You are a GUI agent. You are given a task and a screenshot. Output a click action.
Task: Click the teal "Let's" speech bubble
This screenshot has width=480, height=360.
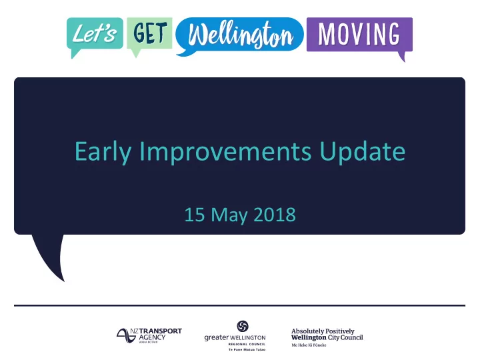pyautogui.click(x=95, y=34)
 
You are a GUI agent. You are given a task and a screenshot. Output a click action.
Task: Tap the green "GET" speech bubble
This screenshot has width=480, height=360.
pyautogui.click(x=150, y=33)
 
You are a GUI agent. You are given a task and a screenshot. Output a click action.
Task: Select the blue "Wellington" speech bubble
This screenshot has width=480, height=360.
pyautogui.click(x=240, y=35)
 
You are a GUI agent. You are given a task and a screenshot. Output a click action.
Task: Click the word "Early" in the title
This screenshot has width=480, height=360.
pyautogui.click(x=103, y=152)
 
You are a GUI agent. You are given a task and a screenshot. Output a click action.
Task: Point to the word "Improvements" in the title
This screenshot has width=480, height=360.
pyautogui.click(x=225, y=152)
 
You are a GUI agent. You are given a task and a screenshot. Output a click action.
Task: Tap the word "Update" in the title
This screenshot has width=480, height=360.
pyautogui.click(x=363, y=151)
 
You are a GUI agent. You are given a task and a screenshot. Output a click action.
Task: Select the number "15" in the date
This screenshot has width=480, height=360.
pyautogui.click(x=195, y=215)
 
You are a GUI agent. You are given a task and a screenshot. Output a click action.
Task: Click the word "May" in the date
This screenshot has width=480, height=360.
pyautogui.click(x=229, y=215)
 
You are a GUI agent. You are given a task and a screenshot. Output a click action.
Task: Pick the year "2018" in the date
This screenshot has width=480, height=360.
pyautogui.click(x=275, y=215)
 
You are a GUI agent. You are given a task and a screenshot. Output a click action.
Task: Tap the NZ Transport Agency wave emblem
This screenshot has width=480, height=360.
pyautogui.click(x=126, y=335)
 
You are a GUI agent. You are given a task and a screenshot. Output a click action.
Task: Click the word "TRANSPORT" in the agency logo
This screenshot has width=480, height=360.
pyautogui.click(x=160, y=331)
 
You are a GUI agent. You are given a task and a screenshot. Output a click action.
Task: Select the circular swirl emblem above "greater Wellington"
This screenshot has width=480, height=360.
pyautogui.click(x=243, y=326)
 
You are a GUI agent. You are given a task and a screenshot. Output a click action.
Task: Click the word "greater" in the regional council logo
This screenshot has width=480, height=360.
pyautogui.click(x=217, y=337)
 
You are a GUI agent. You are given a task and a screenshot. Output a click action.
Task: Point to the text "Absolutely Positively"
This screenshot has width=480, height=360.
pyautogui.click(x=323, y=331)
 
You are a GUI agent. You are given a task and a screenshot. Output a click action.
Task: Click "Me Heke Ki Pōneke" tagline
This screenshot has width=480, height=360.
pyautogui.click(x=309, y=345)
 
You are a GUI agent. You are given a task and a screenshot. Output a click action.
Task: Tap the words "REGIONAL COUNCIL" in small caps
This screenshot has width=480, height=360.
pyautogui.click(x=247, y=344)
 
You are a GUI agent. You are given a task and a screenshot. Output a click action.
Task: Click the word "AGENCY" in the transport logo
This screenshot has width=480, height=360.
pyautogui.click(x=152, y=337)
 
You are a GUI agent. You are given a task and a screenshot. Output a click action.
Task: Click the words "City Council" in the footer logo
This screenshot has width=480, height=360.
pyautogui.click(x=345, y=337)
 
